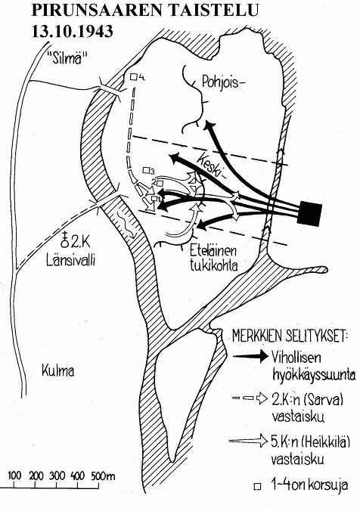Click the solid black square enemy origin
pos(310,213)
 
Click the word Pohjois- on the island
pos(222,82)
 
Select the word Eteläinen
pos(213,252)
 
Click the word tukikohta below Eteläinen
pos(213,265)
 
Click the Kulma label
pos(58,371)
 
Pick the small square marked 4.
pos(133,77)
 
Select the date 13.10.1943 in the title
pos(72,31)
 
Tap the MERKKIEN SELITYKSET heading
pos(290,336)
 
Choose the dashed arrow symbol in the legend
pos(250,398)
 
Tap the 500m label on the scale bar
pos(103,476)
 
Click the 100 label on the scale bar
pos(14,475)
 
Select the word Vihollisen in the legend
pos(296,358)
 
